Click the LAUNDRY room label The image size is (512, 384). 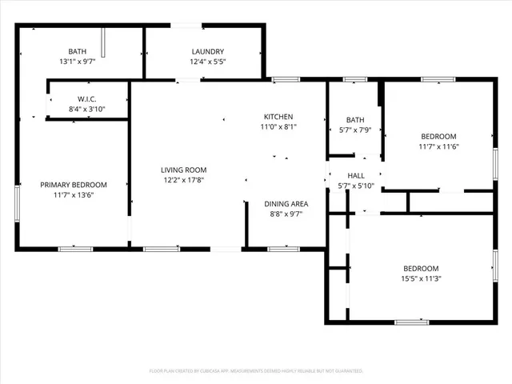(206, 51)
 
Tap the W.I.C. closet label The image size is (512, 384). (86, 99)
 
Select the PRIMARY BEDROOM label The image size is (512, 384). (74, 185)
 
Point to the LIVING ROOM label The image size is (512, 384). (184, 170)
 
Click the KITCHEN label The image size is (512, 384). (278, 117)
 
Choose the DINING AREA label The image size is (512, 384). (286, 204)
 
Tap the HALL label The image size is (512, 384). (356, 176)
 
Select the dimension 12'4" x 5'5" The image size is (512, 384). (206, 62)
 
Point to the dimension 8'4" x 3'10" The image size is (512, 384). (86, 110)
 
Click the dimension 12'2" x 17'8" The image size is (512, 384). (184, 180)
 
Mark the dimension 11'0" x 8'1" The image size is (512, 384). (278, 126)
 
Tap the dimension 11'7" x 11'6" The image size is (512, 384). (438, 146)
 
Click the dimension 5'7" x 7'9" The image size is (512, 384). (356, 130)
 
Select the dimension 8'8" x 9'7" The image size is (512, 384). (286, 214)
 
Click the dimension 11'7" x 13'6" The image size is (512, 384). (74, 195)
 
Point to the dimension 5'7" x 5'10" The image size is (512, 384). (356, 186)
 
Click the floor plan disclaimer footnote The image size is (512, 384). (256, 371)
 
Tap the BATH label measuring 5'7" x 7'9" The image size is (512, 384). (356, 120)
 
